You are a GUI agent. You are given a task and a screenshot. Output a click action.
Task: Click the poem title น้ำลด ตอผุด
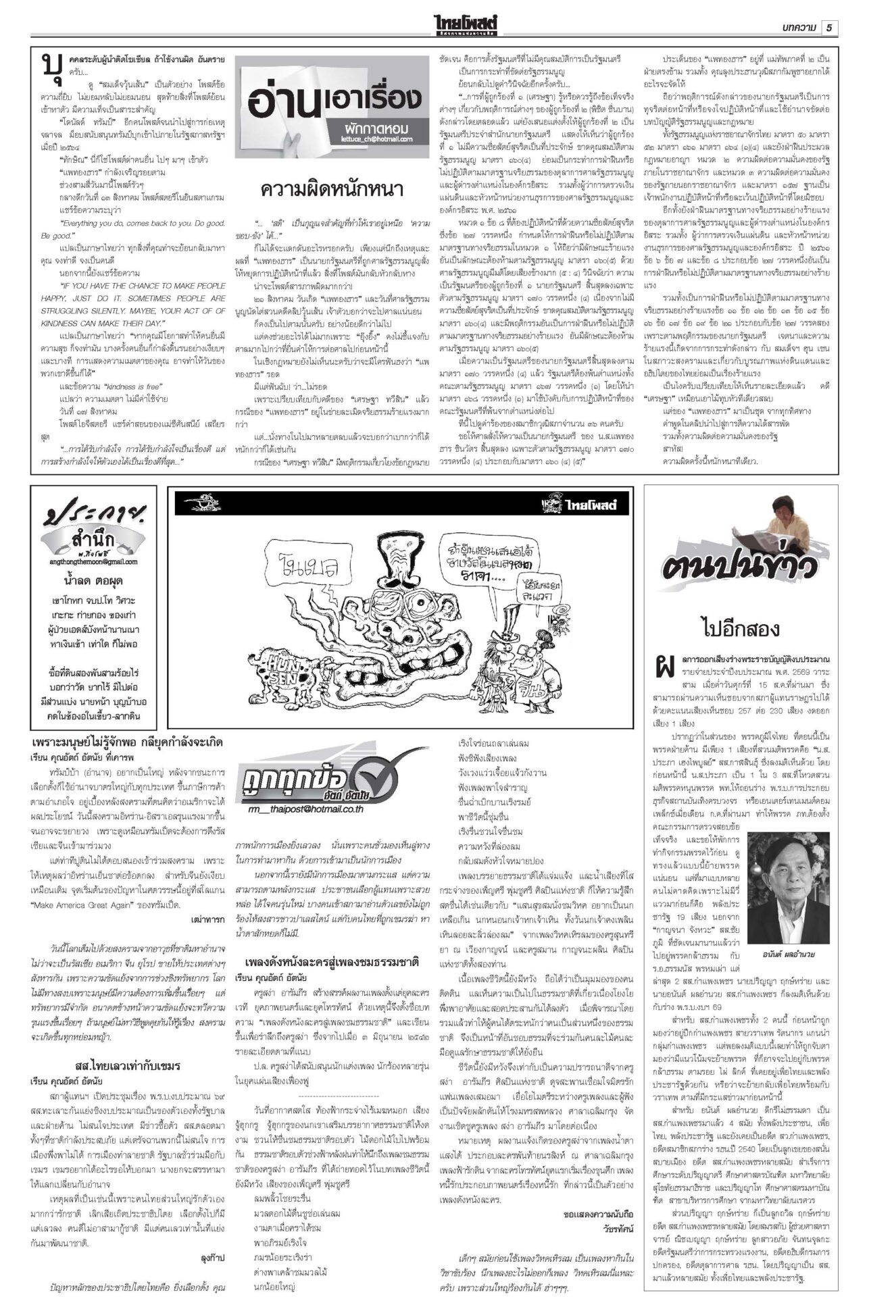click(95, 580)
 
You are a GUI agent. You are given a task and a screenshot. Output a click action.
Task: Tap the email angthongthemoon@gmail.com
click(94, 561)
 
